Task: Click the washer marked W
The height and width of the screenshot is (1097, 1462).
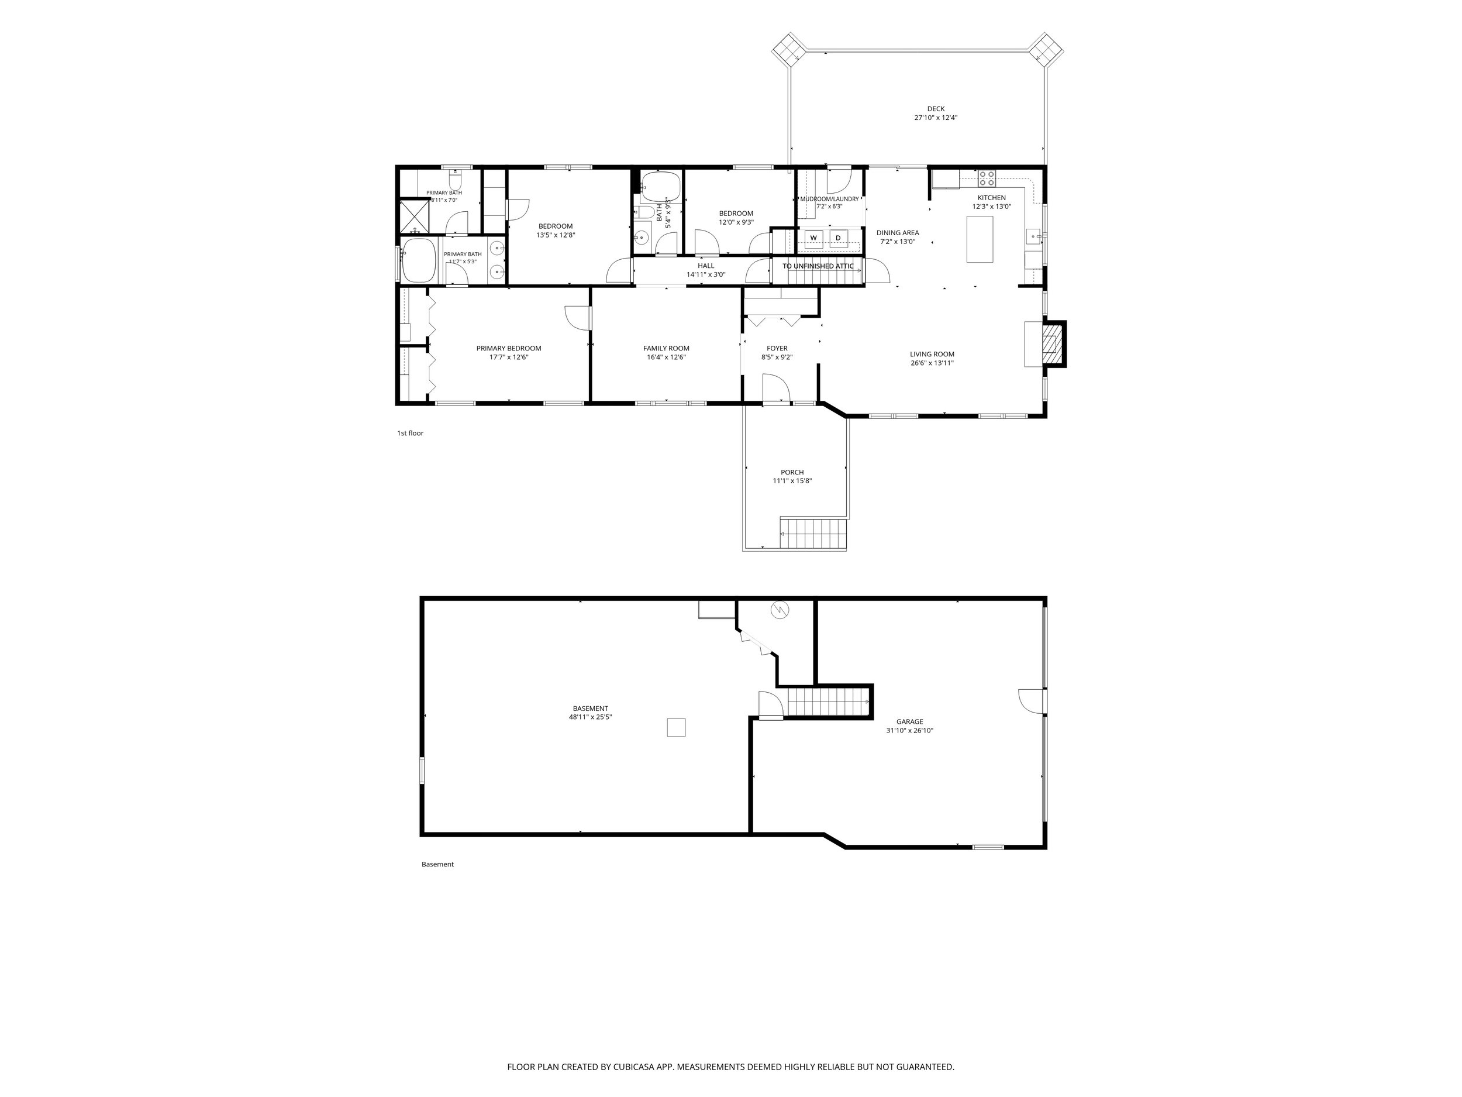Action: click(x=813, y=238)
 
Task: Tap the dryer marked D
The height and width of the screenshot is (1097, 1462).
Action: click(x=838, y=238)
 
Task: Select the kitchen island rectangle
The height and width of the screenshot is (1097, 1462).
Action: click(x=980, y=239)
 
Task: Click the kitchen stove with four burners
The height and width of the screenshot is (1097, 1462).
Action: click(x=987, y=178)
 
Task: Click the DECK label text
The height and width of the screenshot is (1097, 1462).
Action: click(x=936, y=109)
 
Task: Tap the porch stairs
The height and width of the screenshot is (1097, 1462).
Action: click(x=813, y=534)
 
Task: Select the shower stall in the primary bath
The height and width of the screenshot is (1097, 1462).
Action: click(x=415, y=216)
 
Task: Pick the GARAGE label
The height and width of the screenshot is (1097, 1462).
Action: click(x=910, y=722)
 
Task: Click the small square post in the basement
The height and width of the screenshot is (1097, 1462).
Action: click(x=676, y=727)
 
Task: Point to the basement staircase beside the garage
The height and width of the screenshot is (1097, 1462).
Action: click(x=827, y=702)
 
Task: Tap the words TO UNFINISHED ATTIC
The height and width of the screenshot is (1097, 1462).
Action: click(x=818, y=266)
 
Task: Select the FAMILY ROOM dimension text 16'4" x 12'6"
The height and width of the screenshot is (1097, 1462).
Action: click(x=666, y=357)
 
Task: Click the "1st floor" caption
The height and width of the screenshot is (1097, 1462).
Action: click(x=410, y=433)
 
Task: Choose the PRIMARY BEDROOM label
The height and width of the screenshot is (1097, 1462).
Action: click(x=509, y=349)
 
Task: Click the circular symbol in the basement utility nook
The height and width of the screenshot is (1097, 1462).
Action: click(x=781, y=609)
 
